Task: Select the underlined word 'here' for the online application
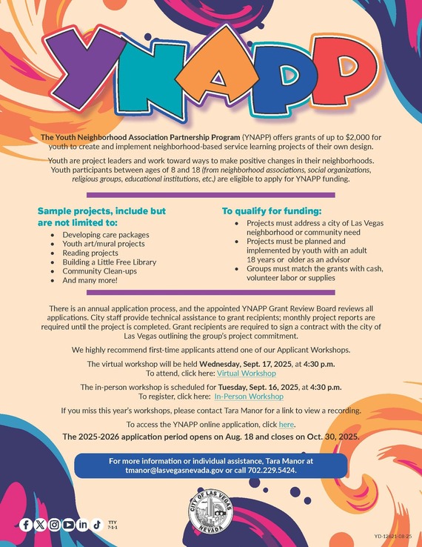(x=287, y=425)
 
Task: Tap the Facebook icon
(x=26, y=525)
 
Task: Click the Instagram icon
(x=54, y=525)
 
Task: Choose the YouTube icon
(x=68, y=525)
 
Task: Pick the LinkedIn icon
(x=83, y=525)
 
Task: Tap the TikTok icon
(x=96, y=525)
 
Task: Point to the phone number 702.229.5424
(x=271, y=471)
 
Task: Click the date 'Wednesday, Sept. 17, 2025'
(x=244, y=364)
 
